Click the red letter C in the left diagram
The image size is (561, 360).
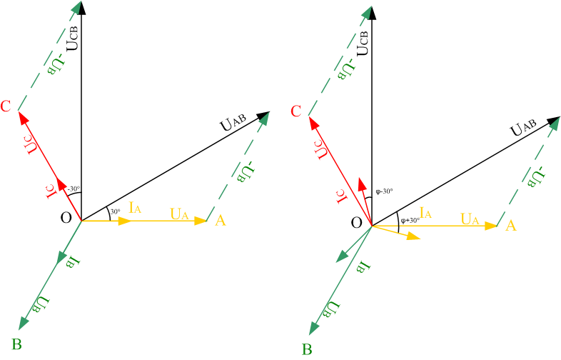(6, 106)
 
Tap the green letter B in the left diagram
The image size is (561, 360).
(17, 344)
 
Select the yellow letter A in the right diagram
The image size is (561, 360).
(510, 226)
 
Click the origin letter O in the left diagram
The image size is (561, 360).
(66, 217)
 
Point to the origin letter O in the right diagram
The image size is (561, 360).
(356, 223)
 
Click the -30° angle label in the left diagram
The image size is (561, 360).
(74, 189)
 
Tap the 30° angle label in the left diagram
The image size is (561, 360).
(115, 211)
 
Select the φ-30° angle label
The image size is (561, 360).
(384, 191)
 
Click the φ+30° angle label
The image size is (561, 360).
(410, 220)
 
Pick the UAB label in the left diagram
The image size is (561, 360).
(233, 122)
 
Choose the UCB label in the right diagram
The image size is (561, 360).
(363, 43)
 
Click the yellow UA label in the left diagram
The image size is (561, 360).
(179, 214)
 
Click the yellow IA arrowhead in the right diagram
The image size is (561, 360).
(413, 236)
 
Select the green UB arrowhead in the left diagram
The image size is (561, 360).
(24, 323)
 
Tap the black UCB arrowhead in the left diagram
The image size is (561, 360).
(82, 8)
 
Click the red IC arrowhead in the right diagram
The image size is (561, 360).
(363, 184)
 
